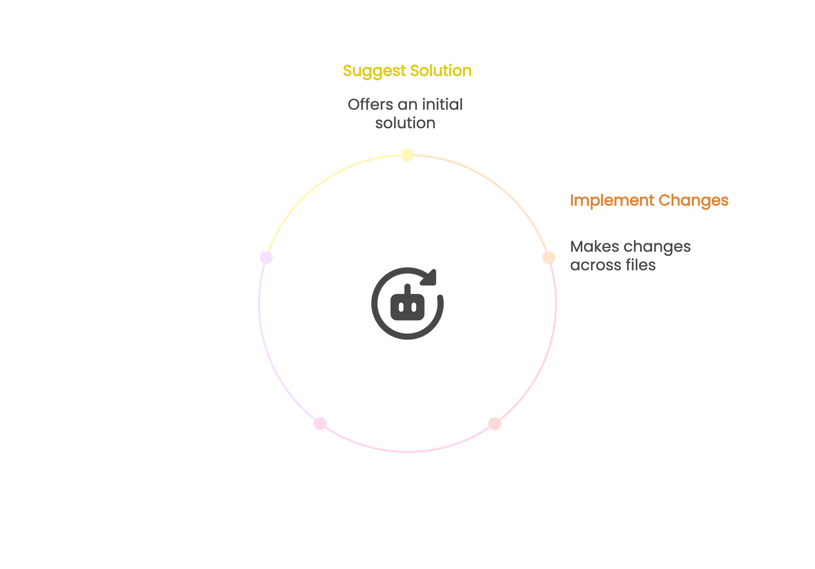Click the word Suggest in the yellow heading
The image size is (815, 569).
tap(374, 71)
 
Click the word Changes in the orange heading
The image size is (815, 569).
tap(694, 201)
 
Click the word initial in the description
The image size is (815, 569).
tap(442, 104)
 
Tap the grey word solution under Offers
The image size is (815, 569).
tap(405, 123)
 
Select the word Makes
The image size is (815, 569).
tap(594, 246)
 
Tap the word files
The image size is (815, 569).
tap(641, 265)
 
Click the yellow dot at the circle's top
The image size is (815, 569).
tap(407, 155)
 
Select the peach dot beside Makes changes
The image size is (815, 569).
tap(549, 257)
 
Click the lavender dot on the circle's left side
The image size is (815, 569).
tap(266, 257)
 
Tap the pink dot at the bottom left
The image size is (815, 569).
tap(320, 424)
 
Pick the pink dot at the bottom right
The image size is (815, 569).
tap(495, 424)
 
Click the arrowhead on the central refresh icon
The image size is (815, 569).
tap(430, 277)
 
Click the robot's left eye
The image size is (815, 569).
tap(401, 307)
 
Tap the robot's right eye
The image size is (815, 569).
tap(414, 307)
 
